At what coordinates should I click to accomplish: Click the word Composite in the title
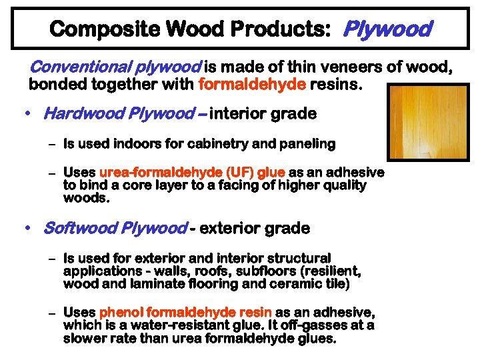[x=89, y=29]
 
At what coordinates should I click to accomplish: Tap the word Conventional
[x=73, y=68]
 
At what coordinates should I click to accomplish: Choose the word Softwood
[x=75, y=228]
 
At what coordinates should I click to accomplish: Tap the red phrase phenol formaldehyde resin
[x=185, y=312]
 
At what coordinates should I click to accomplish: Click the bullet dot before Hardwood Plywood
[x=25, y=113]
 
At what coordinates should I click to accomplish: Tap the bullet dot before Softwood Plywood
[x=25, y=228]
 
